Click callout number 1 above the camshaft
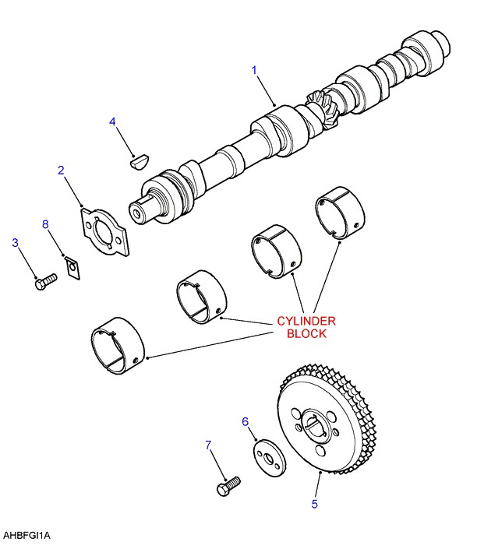tap(254, 71)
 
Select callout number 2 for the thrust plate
tap(61, 170)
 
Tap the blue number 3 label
tap(15, 243)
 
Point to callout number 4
tap(112, 121)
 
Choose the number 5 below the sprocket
tap(315, 504)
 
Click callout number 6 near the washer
tap(245, 421)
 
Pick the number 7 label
tap(208, 445)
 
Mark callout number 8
tap(45, 224)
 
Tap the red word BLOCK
tap(306, 333)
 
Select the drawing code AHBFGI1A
tap(26, 536)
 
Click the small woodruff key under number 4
tap(139, 162)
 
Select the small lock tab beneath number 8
tap(71, 269)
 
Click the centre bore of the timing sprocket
tap(316, 428)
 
